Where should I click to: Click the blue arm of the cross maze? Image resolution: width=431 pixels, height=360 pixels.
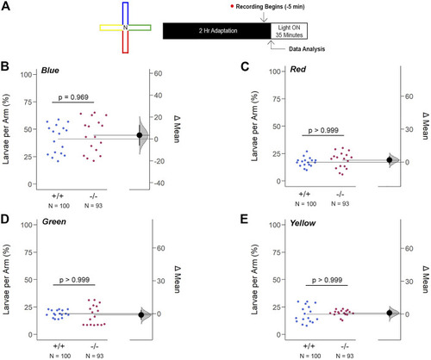tap(125, 14)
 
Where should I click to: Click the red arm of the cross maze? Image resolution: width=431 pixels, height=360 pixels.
tap(125, 41)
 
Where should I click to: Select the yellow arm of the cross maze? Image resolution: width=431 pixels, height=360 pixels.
tap(111, 28)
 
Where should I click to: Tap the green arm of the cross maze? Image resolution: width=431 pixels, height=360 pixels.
tap(140, 28)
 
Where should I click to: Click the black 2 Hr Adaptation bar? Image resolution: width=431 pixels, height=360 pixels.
tap(217, 31)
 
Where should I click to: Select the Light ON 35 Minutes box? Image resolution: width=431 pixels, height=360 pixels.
tap(289, 31)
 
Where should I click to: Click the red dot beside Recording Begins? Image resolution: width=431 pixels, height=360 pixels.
tap(232, 6)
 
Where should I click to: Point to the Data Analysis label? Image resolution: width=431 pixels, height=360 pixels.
tap(307, 49)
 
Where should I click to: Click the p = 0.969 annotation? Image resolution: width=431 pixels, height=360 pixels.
tap(73, 97)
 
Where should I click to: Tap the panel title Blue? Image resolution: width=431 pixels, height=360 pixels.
tap(50, 71)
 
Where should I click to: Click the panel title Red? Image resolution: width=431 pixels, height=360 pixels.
tap(298, 69)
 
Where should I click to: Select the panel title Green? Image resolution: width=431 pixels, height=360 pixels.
tap(54, 221)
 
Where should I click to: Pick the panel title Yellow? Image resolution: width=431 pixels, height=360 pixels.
tap(303, 223)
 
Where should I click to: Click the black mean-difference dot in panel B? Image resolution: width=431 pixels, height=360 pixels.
tap(140, 135)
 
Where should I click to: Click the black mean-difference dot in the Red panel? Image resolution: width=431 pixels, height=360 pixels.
tap(390, 160)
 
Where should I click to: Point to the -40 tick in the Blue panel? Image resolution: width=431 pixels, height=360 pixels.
tap(159, 183)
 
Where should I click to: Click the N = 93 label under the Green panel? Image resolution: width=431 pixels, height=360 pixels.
tap(95, 356)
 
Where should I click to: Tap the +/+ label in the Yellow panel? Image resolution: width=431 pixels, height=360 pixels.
tap(309, 346)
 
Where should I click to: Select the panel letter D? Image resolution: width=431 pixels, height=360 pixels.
tap(5, 219)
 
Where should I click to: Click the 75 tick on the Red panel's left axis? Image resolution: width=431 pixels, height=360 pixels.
tap(277, 99)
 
